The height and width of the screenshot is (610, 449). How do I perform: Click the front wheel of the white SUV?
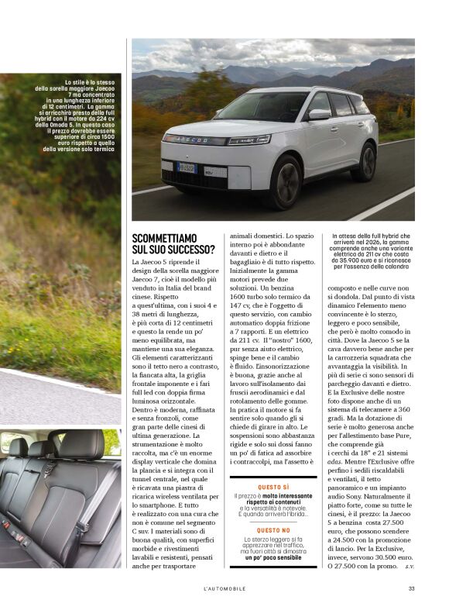coord(286,182)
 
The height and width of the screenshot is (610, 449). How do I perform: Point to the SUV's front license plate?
coord(187,167)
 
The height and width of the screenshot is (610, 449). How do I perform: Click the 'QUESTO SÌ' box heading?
coord(274,487)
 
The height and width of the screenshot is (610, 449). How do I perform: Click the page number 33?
coord(411,589)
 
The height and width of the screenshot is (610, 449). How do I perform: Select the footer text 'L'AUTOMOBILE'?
coord(224,589)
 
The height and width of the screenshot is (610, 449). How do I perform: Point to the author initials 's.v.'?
coord(410,567)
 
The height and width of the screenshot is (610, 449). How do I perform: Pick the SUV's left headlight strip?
coord(248,140)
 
